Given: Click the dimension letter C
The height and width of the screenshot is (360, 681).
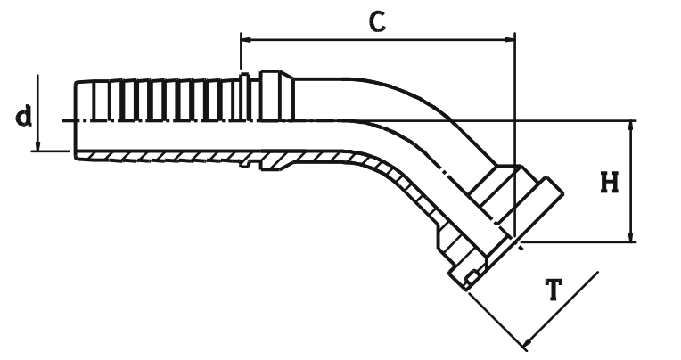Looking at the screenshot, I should pos(377,23).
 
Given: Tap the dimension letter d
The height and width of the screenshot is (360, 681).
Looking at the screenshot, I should pos(24,114).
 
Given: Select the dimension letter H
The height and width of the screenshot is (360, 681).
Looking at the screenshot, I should pos(610,183).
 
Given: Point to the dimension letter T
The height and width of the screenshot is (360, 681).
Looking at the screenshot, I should pos(554,290).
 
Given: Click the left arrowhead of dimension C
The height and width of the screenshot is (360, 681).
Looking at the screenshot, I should pos(246,40).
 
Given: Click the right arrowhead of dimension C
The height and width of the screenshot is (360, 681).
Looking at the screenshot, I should pos(510,40).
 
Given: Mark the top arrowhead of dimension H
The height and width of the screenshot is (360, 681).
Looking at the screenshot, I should pos(631,126).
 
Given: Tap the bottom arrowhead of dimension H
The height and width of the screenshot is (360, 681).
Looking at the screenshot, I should pos(631,236).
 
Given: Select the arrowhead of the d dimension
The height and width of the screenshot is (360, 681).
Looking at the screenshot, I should pos(38,145).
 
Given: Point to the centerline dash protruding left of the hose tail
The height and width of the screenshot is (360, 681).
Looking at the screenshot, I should pos(68,120).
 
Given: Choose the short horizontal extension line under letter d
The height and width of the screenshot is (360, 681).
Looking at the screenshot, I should pos(51,151).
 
